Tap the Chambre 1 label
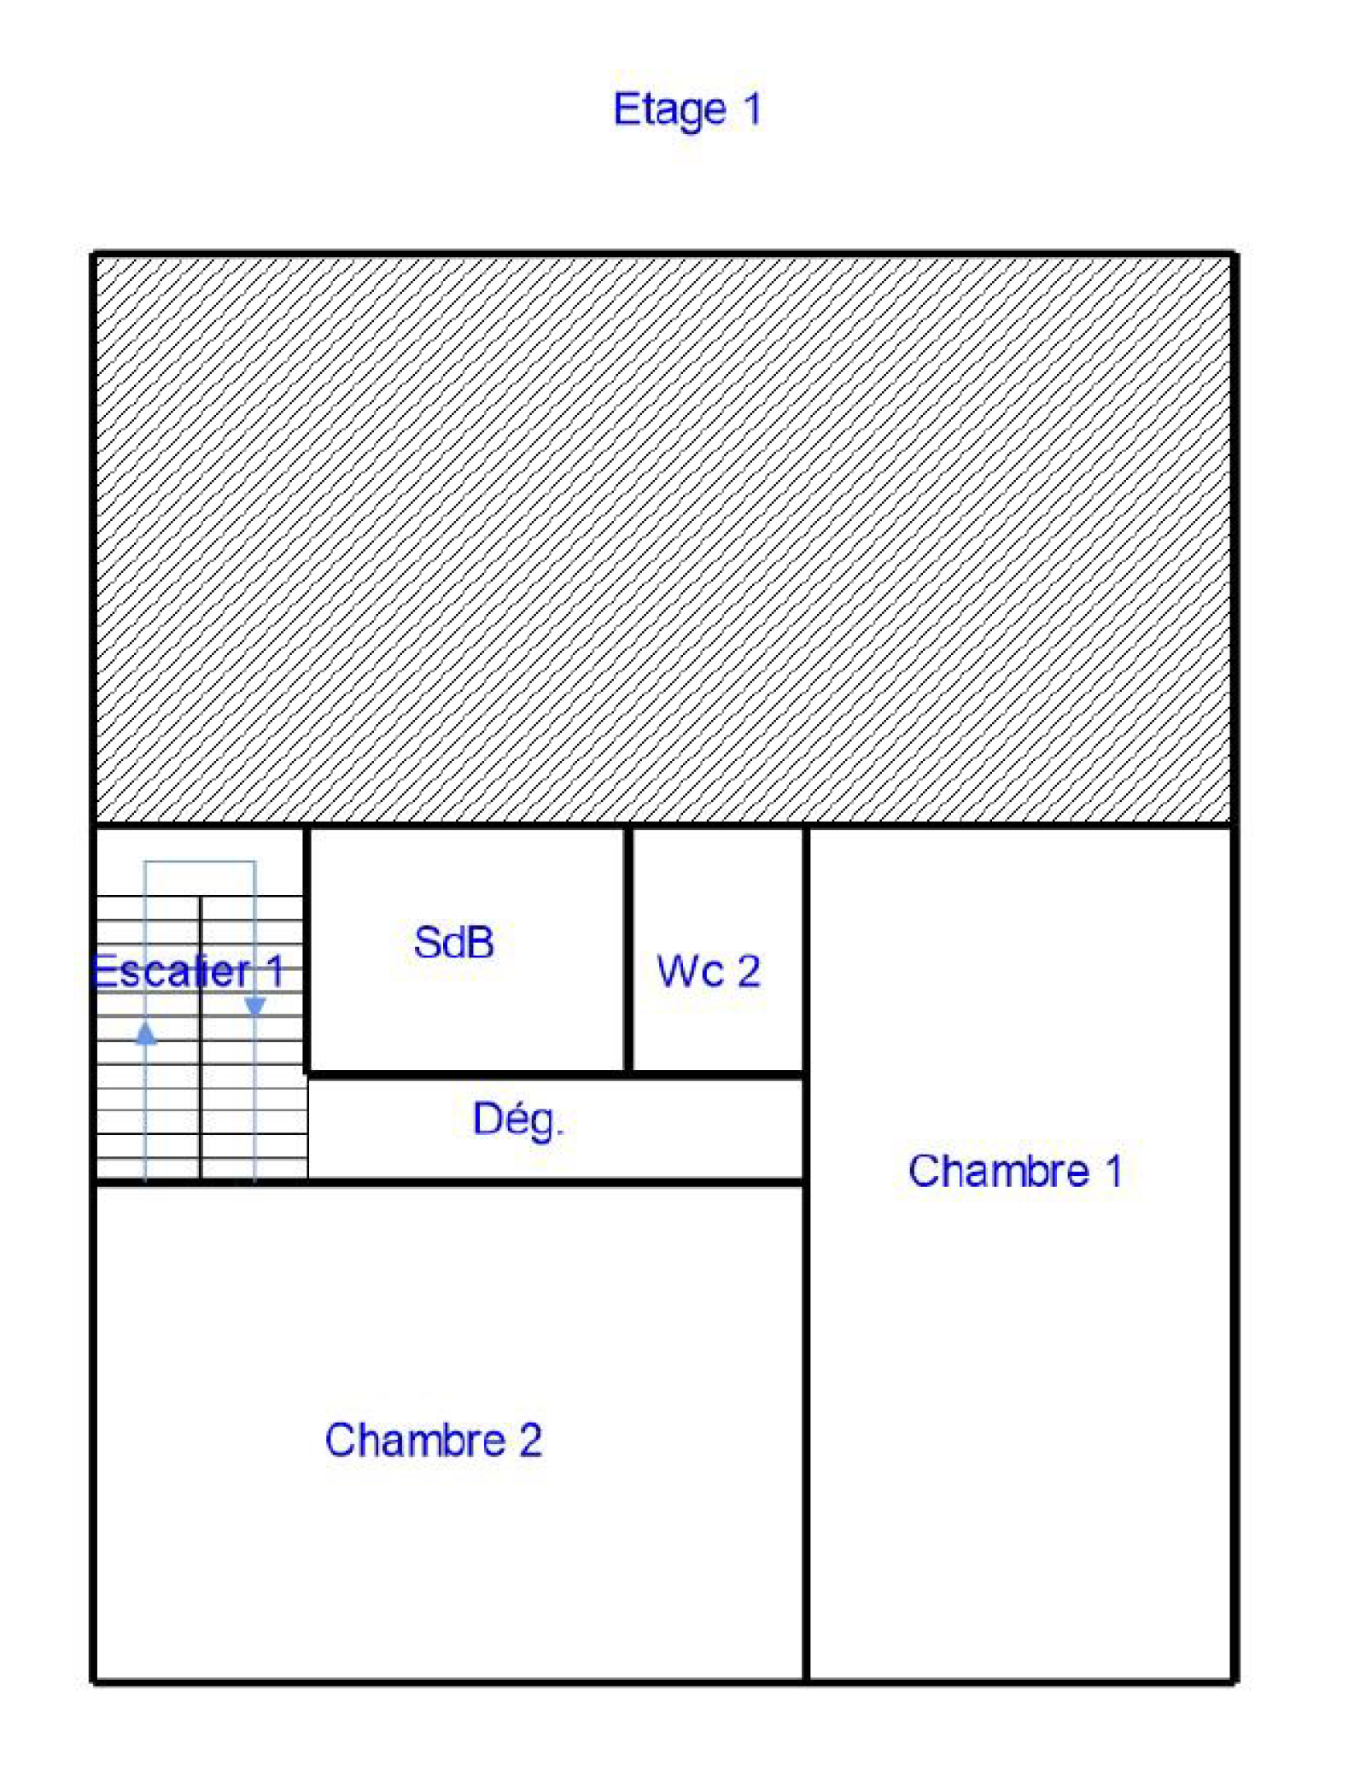pos(1014,1171)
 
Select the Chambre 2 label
pos(433,1440)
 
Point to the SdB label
pos(453,943)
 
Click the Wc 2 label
pos(708,971)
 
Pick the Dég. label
pos(518,1120)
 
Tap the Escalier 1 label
pos(187,971)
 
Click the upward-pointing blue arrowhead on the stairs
pos(146,1033)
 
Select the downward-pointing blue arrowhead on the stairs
pos(254,1008)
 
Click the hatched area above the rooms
pos(663,540)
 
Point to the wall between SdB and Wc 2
pos(628,950)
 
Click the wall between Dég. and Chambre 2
pos(556,1182)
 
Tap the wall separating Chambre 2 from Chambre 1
pos(806,1432)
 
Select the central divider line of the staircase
pos(201,1038)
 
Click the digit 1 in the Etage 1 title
pos(752,108)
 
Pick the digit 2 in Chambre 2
pos(530,1440)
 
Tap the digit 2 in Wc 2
pos(749,971)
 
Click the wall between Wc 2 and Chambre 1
pos(806,950)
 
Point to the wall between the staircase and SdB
pos(306,950)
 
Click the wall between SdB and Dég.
pos(466,1074)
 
